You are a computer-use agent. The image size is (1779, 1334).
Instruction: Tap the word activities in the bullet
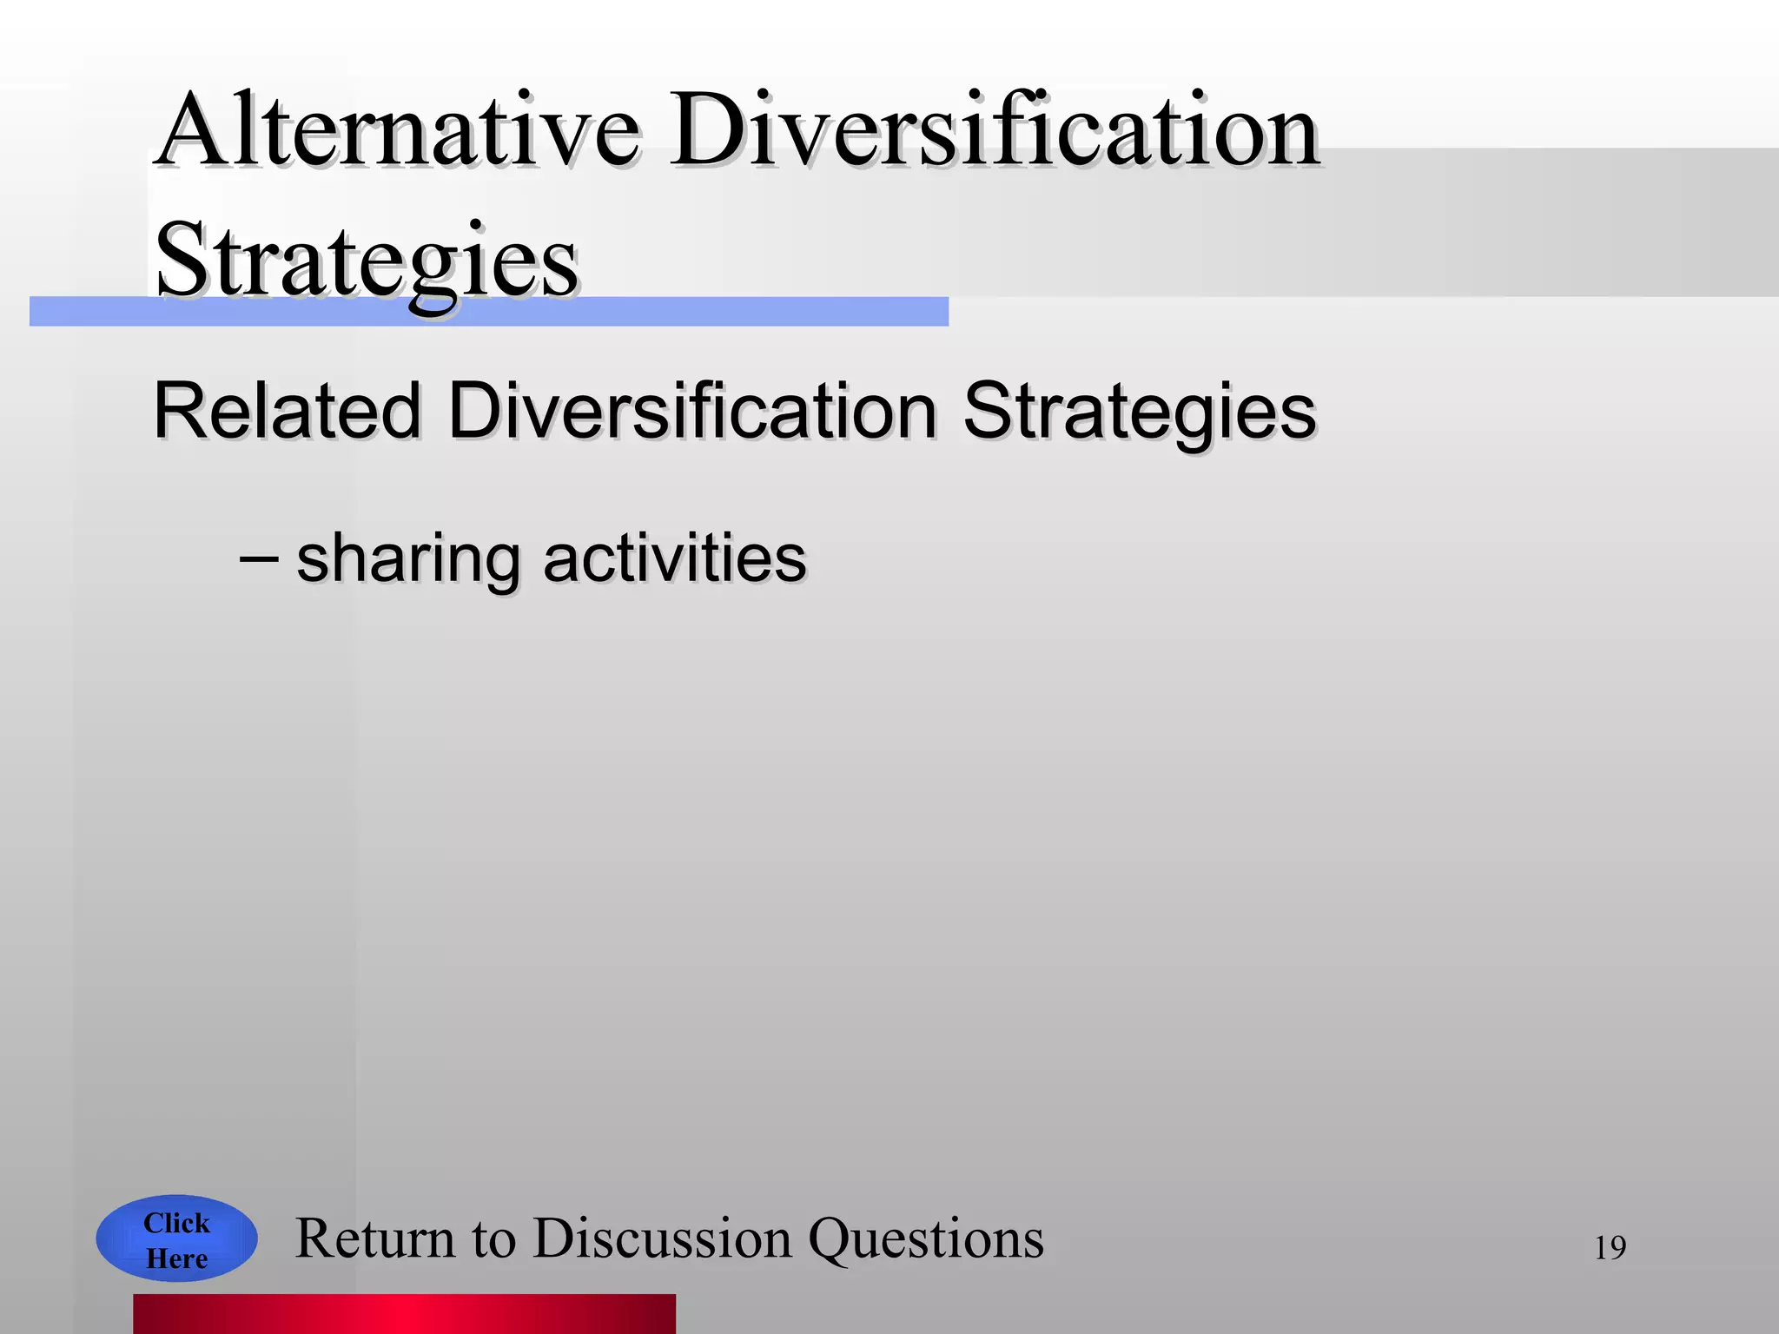[x=674, y=558]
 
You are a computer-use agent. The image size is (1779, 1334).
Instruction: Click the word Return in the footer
[x=375, y=1238]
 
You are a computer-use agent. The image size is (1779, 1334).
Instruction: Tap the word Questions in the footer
[x=926, y=1238]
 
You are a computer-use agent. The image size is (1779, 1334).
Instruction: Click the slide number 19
[x=1610, y=1248]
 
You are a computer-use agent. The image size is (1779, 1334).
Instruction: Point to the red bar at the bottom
[x=404, y=1313]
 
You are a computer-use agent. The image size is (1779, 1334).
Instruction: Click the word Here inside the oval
[x=176, y=1258]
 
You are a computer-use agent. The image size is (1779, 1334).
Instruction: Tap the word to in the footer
[x=493, y=1240]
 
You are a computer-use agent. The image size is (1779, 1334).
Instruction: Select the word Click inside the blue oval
[x=176, y=1223]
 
